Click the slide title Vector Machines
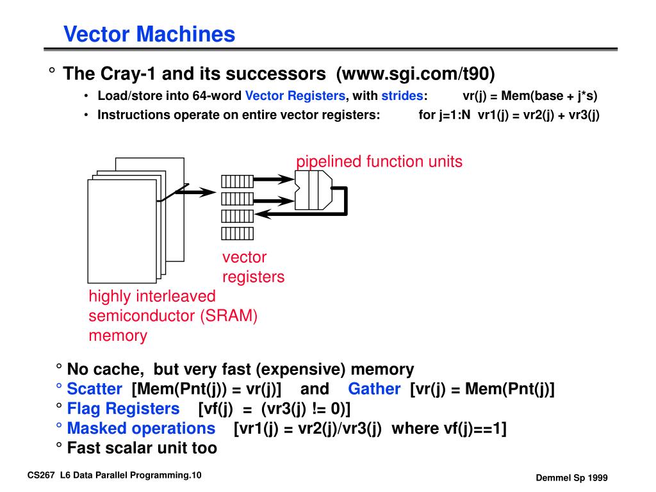click(x=149, y=34)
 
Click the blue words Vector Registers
click(x=295, y=96)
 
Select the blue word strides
click(x=402, y=96)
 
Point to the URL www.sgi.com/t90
click(x=415, y=74)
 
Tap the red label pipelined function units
click(x=379, y=161)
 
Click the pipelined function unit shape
click(x=313, y=190)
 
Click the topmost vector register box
click(x=237, y=181)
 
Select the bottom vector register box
click(x=237, y=233)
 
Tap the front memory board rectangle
click(x=122, y=231)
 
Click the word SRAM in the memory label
click(x=229, y=316)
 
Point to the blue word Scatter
click(x=95, y=389)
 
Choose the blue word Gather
click(x=374, y=389)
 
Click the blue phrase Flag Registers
click(x=124, y=409)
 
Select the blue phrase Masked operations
click(x=142, y=429)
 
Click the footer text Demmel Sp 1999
click(x=571, y=478)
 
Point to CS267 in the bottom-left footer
click(x=41, y=475)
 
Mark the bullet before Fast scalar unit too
click(x=59, y=445)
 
